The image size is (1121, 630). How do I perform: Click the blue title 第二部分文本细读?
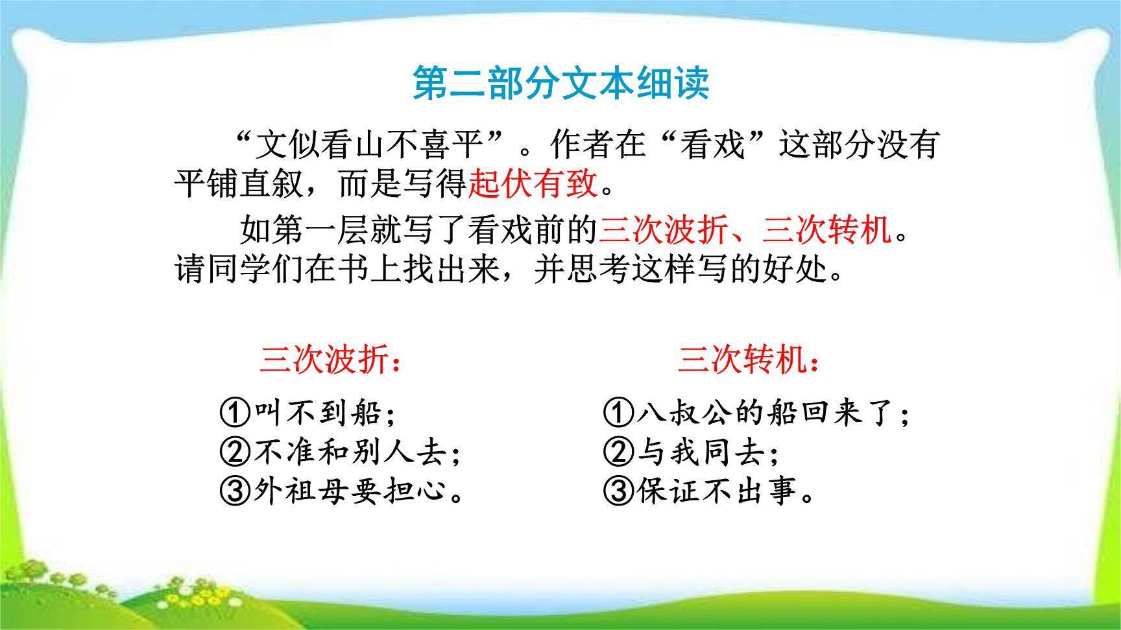[561, 83]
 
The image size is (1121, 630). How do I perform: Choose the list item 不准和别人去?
[356, 452]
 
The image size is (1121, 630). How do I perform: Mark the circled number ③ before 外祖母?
[235, 491]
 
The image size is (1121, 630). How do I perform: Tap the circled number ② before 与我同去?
[618, 452]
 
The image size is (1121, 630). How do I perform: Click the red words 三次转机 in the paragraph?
[827, 230]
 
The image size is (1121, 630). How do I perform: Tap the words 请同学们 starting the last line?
[239, 270]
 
